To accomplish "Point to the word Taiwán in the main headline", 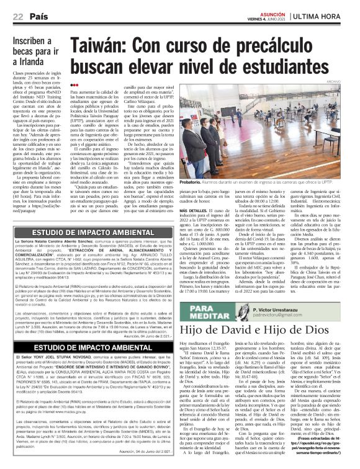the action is point(97,45).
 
